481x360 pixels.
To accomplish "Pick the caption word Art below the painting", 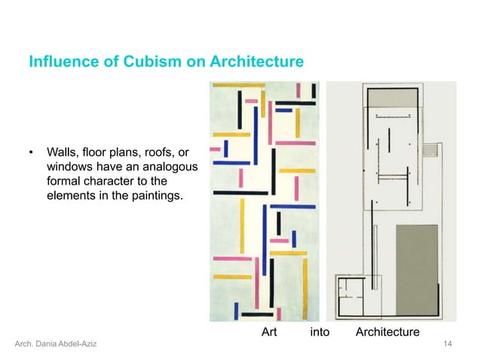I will [x=270, y=331].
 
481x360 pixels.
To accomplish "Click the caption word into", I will [x=320, y=331].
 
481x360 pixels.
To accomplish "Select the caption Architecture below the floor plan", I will [x=388, y=331].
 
